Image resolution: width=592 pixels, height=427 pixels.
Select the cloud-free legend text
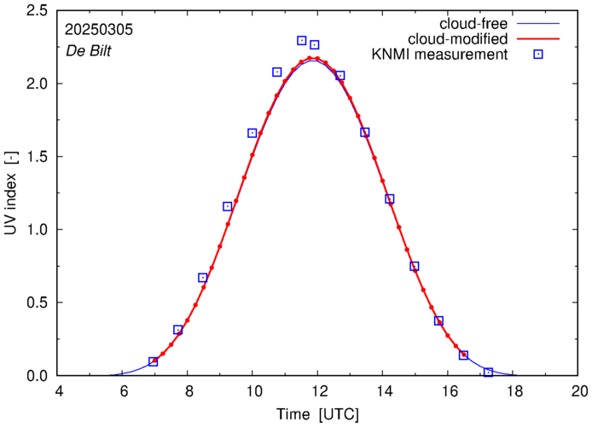pos(472,23)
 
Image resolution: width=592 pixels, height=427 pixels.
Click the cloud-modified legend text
pos(458,39)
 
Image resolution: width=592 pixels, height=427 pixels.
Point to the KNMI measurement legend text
pos(442,55)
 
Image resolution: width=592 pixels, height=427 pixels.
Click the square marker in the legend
pos(539,55)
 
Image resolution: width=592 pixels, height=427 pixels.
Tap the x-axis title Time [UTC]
pos(317,415)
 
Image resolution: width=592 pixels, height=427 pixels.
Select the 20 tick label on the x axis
pos(579,393)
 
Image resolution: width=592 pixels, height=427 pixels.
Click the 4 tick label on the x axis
pos(59,393)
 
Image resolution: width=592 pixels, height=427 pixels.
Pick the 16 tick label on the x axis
pos(449,393)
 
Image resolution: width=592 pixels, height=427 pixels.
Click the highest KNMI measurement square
pos(302,40)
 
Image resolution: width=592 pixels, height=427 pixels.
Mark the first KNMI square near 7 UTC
pos(153,361)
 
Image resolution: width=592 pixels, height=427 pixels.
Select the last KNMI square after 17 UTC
pos(488,372)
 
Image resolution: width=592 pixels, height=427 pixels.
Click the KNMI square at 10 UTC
pos(252,133)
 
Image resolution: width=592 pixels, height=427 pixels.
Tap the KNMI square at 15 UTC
pos(415,266)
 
